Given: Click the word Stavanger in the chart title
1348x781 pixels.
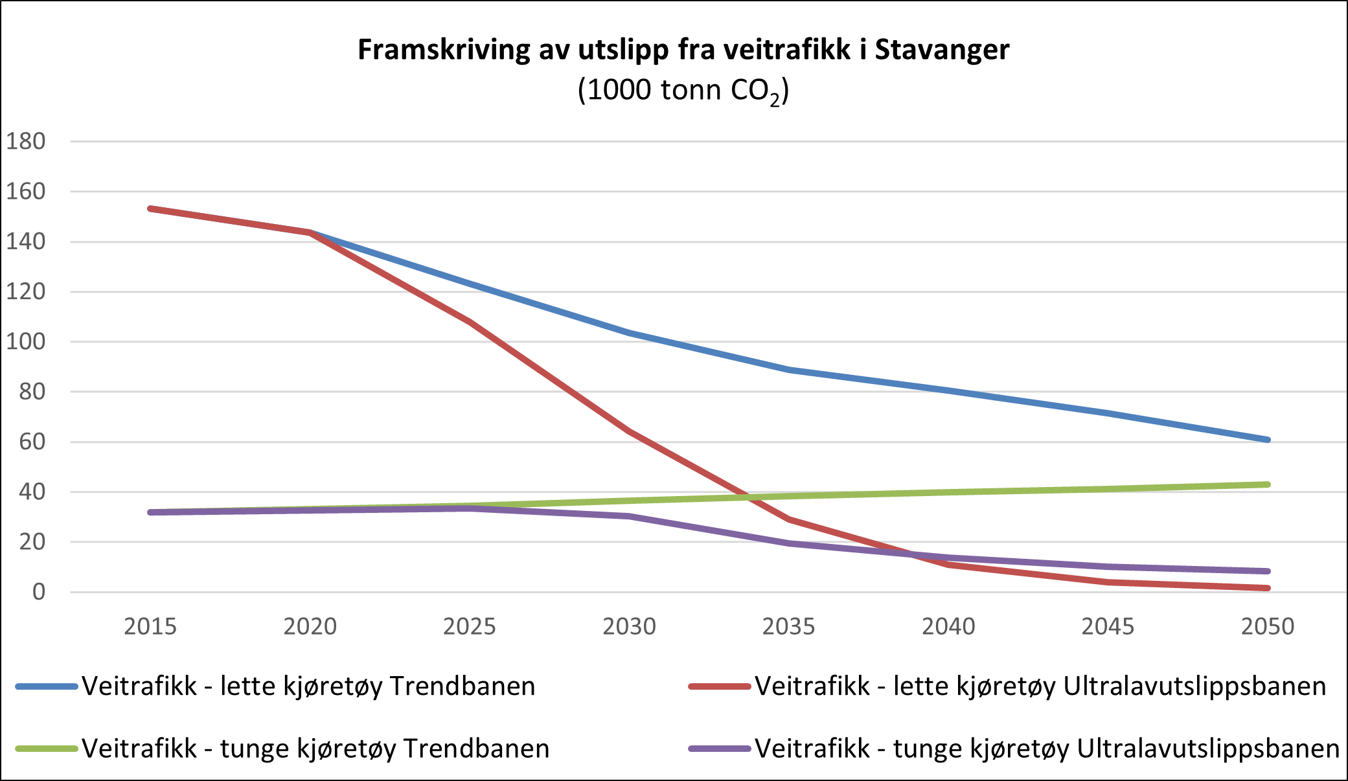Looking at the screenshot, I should click(x=942, y=50).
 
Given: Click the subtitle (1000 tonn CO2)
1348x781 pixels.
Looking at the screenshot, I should click(x=683, y=90).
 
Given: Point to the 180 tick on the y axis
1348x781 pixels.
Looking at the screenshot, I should click(x=26, y=141).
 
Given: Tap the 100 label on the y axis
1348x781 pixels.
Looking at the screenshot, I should click(x=26, y=341).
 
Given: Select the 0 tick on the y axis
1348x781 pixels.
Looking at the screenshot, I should click(x=38, y=591).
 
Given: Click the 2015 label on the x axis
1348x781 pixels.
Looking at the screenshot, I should click(x=150, y=626).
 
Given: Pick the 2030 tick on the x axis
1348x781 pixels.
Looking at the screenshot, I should click(x=629, y=626).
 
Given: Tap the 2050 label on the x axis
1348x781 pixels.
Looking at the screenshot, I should click(x=1267, y=626).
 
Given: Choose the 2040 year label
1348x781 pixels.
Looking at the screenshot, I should click(x=948, y=626).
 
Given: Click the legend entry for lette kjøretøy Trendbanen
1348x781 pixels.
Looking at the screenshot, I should click(x=308, y=686).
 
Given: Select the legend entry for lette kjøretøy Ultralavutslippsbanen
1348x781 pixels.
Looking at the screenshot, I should click(x=1040, y=686).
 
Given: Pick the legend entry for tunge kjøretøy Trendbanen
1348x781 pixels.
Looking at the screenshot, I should click(x=315, y=748).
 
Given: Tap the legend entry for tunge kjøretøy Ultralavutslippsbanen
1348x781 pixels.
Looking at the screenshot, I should click(x=1046, y=748).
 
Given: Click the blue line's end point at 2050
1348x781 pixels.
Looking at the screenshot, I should click(x=1267, y=440).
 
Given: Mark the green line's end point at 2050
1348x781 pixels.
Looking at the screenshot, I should click(x=1267, y=484).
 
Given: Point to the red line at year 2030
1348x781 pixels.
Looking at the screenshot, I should click(x=629, y=431).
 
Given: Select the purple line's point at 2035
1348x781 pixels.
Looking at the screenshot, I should click(x=789, y=543).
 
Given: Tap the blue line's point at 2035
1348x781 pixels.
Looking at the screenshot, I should click(x=789, y=370).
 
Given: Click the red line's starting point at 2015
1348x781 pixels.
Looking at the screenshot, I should click(x=150, y=209).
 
